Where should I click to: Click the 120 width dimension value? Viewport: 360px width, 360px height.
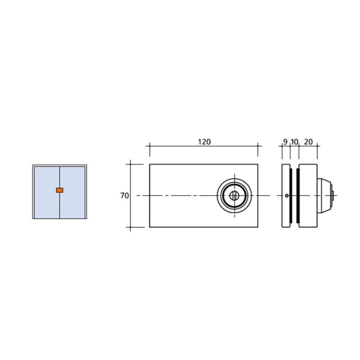pos(204,142)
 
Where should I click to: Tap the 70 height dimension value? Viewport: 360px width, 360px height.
pos(125,196)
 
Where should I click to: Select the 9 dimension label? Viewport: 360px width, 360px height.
pos(285,142)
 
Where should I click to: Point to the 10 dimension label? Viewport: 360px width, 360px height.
pos(294,142)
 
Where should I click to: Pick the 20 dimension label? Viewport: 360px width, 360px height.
pos(308,142)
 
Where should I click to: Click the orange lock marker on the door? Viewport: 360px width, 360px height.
pos(59,190)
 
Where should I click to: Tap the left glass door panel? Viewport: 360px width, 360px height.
pos(46,180)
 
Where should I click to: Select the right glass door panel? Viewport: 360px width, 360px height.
pos(72,180)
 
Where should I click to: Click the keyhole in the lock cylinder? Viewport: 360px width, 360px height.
pos(234,195)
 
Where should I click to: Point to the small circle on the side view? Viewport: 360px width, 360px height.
pos(287,196)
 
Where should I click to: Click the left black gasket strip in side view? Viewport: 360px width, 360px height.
pos(291,196)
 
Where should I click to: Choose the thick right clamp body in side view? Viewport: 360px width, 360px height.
pos(308,180)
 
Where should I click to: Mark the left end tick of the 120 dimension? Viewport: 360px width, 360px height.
pos(149,146)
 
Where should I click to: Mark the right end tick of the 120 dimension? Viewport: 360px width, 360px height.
pos(258,146)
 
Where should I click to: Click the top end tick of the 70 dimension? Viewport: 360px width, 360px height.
pos(130,164)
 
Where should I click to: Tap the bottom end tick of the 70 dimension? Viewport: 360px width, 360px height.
pos(130,227)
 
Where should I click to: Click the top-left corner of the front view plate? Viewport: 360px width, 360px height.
pos(150,164)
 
